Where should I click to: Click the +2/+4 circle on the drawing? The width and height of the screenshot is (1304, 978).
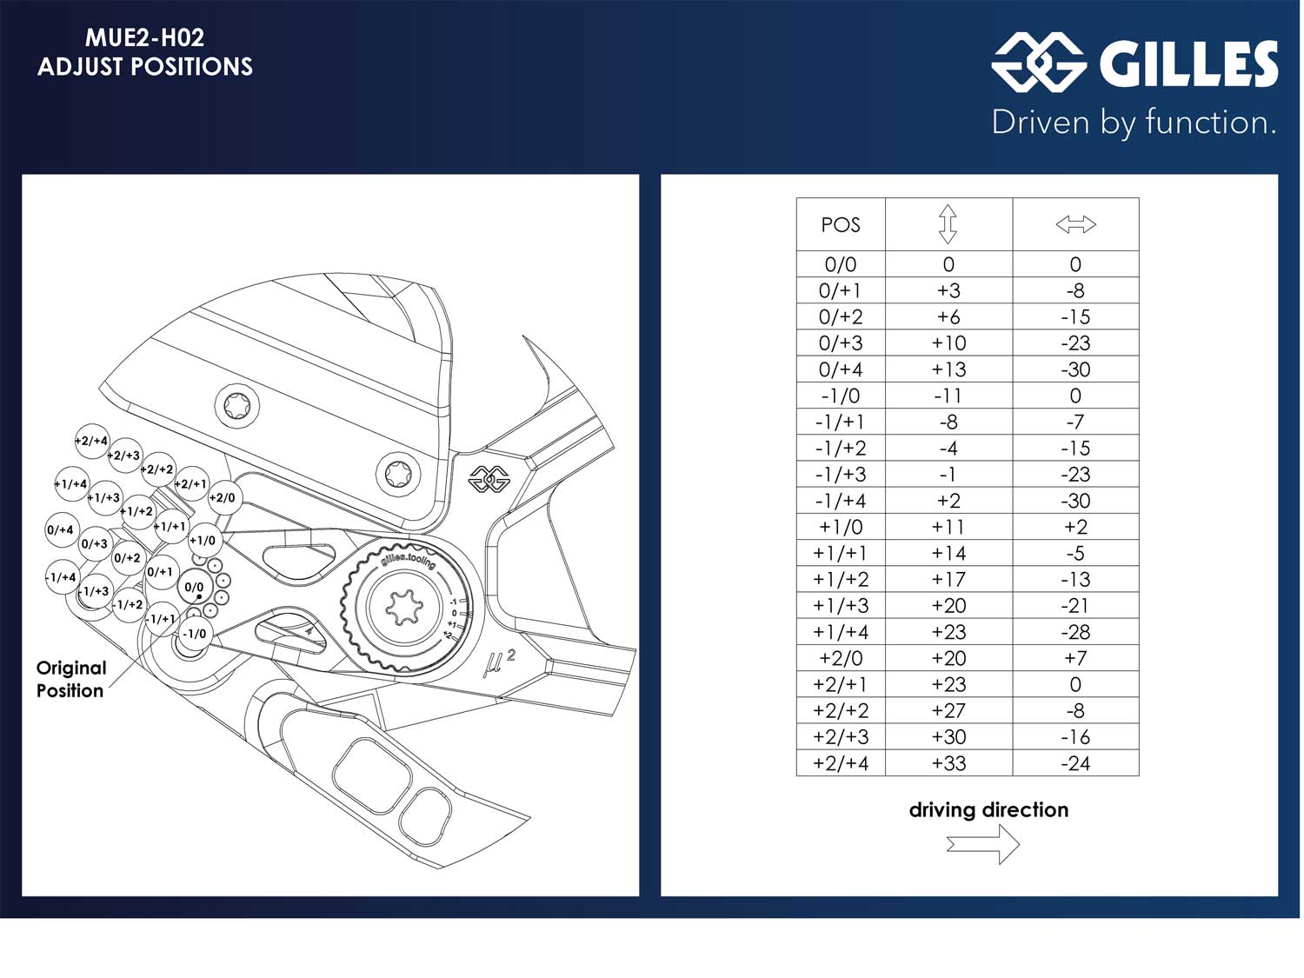[x=91, y=441]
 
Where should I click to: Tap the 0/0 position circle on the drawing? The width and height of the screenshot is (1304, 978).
[x=194, y=588]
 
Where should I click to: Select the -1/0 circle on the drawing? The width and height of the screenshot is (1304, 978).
[x=194, y=634]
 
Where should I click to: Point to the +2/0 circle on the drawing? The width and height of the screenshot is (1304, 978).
[x=223, y=497]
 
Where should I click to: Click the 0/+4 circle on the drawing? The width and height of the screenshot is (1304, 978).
[x=60, y=529]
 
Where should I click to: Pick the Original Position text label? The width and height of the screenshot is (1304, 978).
[x=70, y=679]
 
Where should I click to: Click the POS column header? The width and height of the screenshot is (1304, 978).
[x=840, y=224]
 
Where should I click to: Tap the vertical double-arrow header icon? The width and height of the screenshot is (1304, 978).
[x=948, y=224]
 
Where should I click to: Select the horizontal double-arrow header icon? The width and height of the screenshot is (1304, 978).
[x=1075, y=224]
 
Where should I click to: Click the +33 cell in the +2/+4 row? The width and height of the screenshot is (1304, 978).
[x=948, y=763]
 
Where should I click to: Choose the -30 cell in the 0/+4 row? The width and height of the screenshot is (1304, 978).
[x=1075, y=369]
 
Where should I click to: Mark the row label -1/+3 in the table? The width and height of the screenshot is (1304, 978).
[x=840, y=475]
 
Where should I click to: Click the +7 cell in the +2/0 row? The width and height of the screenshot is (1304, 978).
[x=1075, y=658]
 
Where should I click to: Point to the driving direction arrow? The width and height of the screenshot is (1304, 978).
[x=983, y=843]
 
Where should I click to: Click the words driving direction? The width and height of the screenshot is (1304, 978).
[x=988, y=810]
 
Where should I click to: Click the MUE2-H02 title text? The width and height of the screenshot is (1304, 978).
[x=144, y=37]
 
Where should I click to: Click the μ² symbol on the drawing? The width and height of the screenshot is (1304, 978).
[x=498, y=663]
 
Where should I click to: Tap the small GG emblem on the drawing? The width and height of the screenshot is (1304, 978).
[x=489, y=478]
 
